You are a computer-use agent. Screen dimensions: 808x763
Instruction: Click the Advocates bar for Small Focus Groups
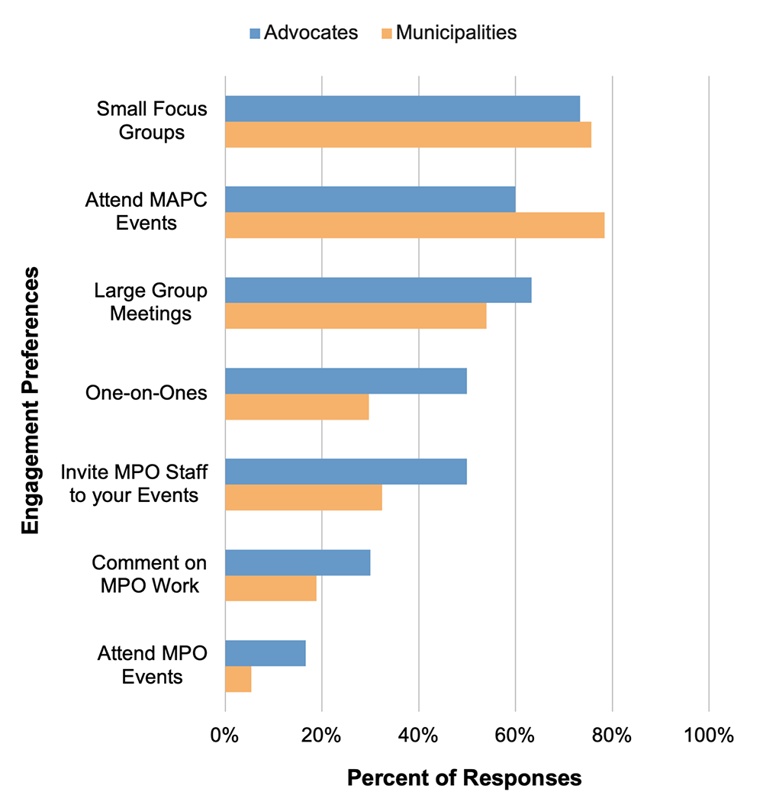402,109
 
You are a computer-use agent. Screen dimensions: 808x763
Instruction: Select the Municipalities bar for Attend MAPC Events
414,225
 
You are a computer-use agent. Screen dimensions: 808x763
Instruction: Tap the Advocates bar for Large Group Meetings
378,291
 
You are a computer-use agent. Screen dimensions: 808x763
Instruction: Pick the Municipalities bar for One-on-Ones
297,407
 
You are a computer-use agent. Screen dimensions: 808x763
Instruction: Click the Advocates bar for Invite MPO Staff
346,472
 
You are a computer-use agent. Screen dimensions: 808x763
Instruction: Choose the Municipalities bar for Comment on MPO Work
271,588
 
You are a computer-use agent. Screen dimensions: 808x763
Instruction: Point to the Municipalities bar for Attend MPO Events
238,679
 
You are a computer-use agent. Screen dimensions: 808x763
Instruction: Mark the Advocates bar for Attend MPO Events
266,653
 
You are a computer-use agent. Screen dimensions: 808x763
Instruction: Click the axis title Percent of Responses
464,778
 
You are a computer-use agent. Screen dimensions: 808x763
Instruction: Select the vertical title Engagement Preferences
31,401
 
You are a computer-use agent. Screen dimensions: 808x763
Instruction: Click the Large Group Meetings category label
151,302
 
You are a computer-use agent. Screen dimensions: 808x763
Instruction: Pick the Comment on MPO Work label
150,575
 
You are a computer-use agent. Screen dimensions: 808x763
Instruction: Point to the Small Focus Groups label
152,121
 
